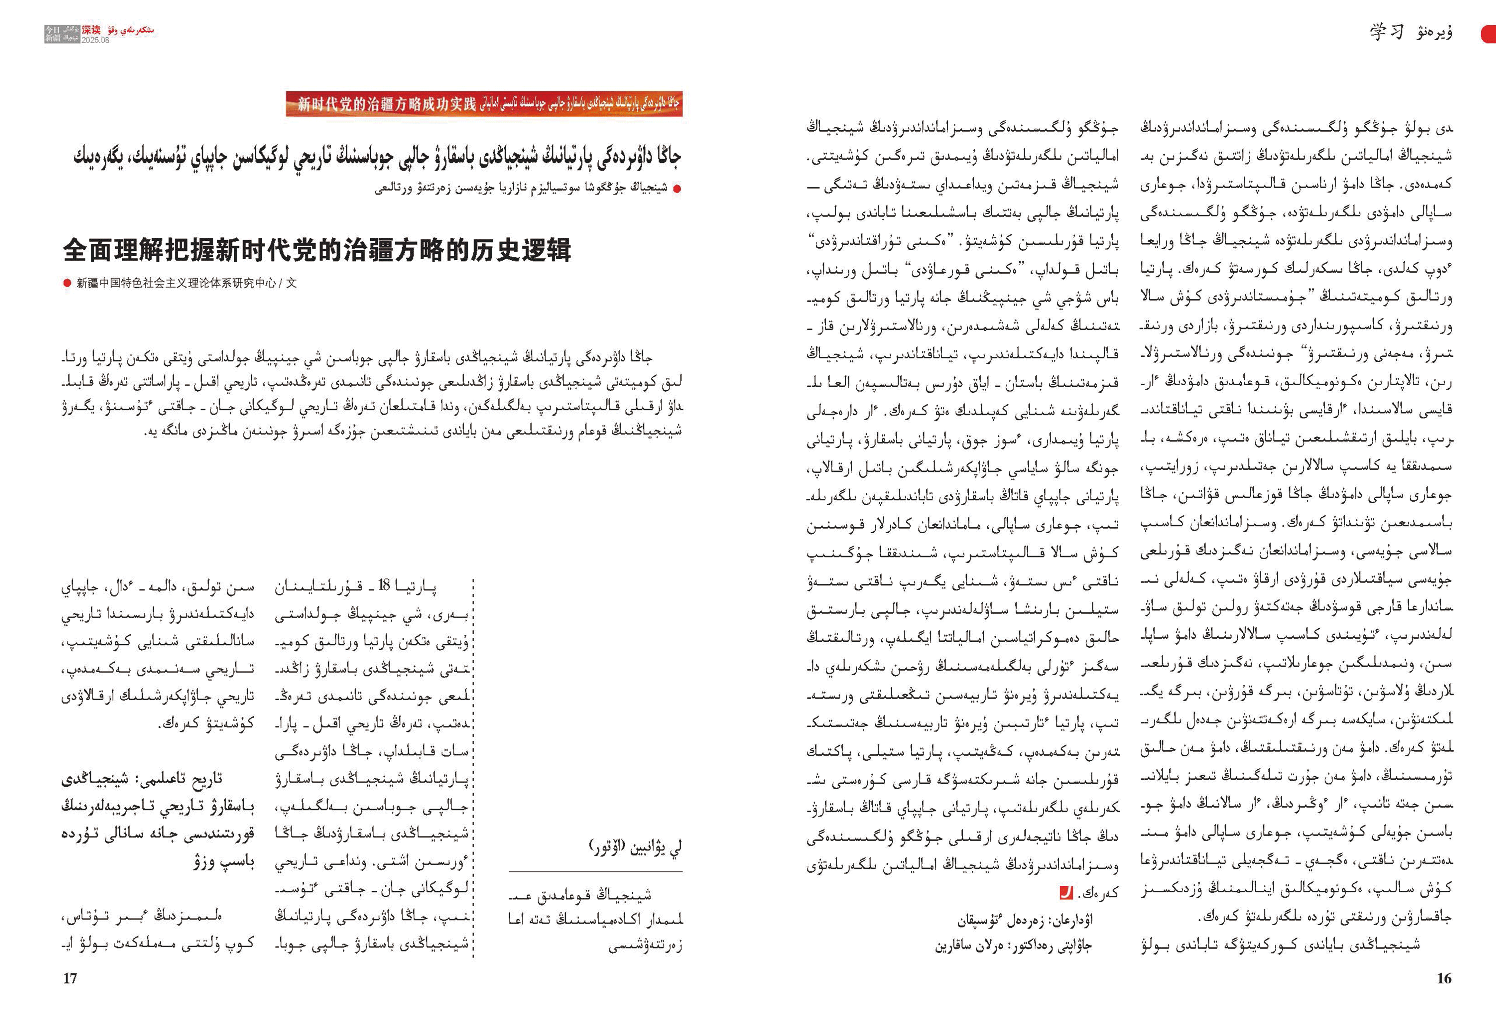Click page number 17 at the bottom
[x=70, y=978]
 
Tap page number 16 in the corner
[x=1444, y=978]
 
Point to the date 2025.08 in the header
[x=95, y=40]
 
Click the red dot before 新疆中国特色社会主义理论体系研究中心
[x=67, y=283]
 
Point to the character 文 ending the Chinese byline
[x=292, y=283]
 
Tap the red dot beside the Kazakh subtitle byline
[x=677, y=189]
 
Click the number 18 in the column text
[x=384, y=586]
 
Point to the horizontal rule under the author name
[x=595, y=872]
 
